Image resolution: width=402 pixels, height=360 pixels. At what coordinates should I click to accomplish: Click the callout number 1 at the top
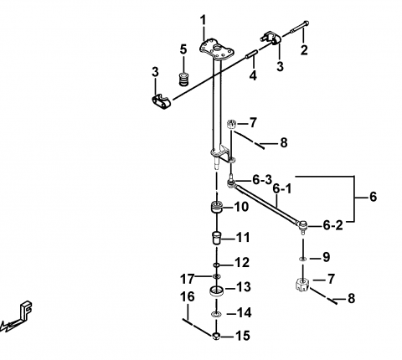[204, 20]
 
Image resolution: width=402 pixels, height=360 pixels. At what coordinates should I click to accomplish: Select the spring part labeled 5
[183, 80]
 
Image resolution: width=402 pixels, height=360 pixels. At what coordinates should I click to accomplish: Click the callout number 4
[253, 75]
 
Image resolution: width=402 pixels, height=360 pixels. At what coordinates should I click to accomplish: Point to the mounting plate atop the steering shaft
[217, 50]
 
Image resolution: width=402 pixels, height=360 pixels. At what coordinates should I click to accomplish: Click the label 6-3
[262, 180]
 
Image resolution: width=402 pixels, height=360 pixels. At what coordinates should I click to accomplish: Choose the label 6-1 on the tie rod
[281, 189]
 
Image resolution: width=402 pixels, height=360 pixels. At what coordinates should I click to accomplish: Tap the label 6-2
[332, 225]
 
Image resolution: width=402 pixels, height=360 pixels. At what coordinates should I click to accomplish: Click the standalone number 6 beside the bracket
[373, 197]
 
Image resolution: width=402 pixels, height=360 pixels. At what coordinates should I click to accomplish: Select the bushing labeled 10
[216, 207]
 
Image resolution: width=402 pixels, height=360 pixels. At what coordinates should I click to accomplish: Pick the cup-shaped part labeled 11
[215, 238]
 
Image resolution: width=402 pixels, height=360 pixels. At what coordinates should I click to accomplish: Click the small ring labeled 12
[216, 265]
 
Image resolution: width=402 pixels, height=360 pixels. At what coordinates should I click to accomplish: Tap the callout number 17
[187, 279]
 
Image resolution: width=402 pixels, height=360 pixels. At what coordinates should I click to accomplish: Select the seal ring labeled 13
[216, 291]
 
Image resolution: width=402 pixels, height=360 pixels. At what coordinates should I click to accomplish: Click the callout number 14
[244, 313]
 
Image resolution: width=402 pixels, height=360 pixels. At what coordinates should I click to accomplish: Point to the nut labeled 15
[216, 336]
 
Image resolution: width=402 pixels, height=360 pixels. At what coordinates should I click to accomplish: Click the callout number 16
[188, 296]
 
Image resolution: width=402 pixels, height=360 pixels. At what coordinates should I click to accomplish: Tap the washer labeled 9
[302, 259]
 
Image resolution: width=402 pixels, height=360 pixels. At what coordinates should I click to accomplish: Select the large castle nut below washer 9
[302, 285]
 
